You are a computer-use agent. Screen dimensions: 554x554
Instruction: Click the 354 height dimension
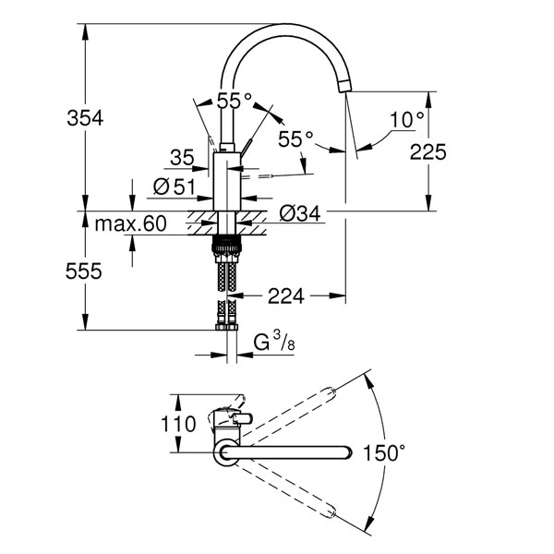click(x=85, y=117)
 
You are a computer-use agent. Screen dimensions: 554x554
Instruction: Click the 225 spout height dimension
click(x=428, y=151)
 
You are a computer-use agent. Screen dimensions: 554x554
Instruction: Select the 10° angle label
click(x=406, y=119)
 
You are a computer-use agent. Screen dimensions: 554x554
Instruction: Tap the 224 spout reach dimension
click(x=286, y=295)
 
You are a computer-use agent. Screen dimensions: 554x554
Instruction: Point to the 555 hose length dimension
click(x=84, y=271)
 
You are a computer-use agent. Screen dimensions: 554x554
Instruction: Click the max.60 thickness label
click(x=131, y=223)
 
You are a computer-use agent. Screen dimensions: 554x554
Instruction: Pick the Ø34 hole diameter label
click(x=300, y=213)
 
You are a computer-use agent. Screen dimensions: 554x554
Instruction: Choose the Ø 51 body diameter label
click(x=175, y=187)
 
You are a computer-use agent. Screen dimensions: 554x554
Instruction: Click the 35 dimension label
click(x=182, y=158)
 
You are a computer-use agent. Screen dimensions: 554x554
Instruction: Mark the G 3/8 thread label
click(x=274, y=342)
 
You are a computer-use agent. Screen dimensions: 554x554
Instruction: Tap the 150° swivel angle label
click(x=384, y=453)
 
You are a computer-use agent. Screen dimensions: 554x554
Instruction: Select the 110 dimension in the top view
click(x=178, y=424)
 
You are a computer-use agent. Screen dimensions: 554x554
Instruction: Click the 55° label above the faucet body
click(x=235, y=101)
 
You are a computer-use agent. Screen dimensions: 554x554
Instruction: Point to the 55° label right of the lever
click(x=295, y=138)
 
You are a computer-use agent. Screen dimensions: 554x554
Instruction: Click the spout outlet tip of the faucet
click(x=344, y=86)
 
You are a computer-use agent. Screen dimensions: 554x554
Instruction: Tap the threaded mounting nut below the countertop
click(x=226, y=244)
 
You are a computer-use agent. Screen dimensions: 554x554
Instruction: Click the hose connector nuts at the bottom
click(x=226, y=327)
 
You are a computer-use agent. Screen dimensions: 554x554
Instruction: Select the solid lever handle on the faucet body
click(x=247, y=147)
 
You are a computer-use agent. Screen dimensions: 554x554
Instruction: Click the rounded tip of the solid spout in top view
click(x=348, y=452)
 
